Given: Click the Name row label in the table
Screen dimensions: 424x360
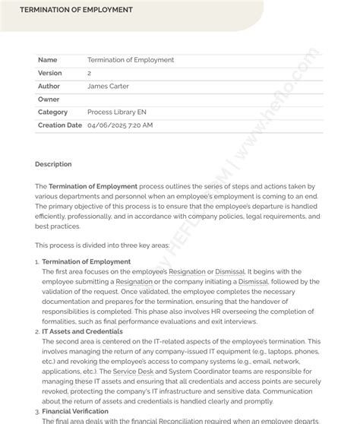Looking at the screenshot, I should point(47,60).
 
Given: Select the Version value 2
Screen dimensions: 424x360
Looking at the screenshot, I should point(90,73).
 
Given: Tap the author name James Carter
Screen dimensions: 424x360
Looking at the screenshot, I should point(108,86).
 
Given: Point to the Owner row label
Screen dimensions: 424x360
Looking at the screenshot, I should point(49,99).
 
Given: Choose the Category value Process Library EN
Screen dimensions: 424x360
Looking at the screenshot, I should point(117,112).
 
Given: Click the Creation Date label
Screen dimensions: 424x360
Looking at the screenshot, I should point(59,125).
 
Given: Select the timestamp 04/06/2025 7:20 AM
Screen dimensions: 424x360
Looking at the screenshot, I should point(120,125).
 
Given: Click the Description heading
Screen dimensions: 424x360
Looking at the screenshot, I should point(53,164).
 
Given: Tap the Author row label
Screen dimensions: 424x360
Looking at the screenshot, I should point(49,86).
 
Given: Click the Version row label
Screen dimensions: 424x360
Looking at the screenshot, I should point(50,73).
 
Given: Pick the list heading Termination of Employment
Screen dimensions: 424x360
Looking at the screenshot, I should point(86,262).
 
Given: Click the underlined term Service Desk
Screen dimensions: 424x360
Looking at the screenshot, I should point(134,372).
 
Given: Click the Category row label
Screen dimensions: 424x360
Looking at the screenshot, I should point(52,112).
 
